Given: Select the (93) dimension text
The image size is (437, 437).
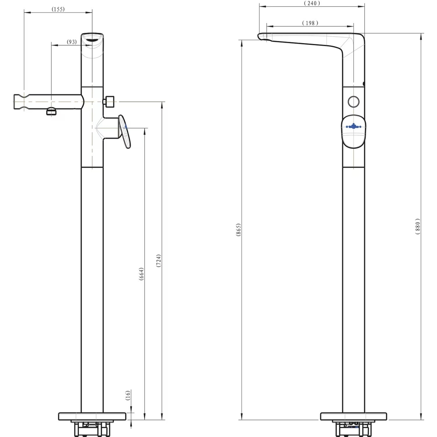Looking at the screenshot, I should pos(72,42).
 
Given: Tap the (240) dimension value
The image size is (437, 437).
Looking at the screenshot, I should pos(312,3).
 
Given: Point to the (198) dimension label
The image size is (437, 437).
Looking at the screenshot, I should pos(309,23).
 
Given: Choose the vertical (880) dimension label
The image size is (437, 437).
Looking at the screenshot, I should pos(418,225).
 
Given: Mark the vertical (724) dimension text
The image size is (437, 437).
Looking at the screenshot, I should pos(158,261).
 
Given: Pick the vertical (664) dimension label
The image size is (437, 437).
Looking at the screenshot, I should pos(141,274).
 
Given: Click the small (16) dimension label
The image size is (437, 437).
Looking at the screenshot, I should pos(127,395).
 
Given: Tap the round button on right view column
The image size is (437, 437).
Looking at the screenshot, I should pos(354,102).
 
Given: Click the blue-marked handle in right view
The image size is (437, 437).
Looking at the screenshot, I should pos(354,131).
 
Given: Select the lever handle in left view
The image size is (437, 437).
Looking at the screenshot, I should pos(124,132).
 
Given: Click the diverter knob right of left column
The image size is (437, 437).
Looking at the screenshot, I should pos(110,102).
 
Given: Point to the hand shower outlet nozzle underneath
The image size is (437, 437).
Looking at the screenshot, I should pos(51,112).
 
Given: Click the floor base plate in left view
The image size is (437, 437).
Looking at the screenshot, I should pos(92,416).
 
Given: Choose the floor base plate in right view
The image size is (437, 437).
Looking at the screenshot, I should pos(354,416).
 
